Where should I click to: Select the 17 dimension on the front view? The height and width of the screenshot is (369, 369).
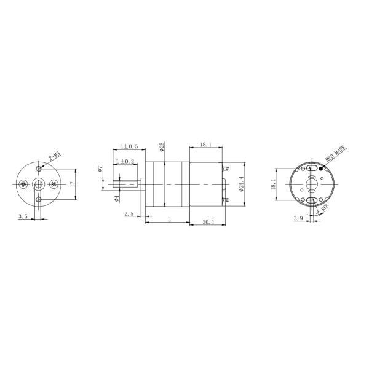click(72, 184)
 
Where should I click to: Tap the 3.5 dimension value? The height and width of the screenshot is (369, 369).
click(23, 216)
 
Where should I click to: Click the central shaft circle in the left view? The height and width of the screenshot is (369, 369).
click(39, 184)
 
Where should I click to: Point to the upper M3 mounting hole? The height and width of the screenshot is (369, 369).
click(39, 168)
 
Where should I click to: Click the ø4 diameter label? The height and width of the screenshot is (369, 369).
click(117, 197)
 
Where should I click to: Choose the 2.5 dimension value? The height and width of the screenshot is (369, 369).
click(129, 213)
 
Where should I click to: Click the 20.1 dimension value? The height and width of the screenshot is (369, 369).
click(208, 223)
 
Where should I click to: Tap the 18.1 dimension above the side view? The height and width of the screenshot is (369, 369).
click(205, 145)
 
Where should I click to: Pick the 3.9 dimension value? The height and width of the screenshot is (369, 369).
click(299, 218)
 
